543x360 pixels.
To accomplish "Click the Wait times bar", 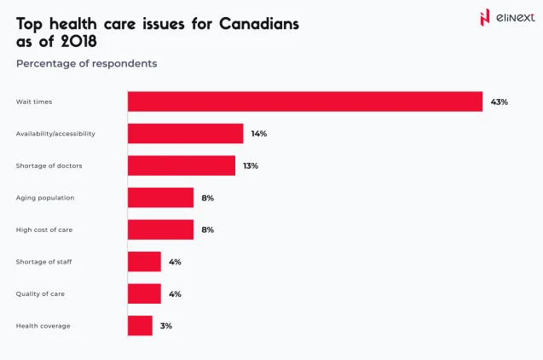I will tap(305, 102).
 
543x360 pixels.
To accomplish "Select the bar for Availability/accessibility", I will tap(185, 134).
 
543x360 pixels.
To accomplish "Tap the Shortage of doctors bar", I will tap(182, 165).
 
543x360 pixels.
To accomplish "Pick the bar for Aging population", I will tap(160, 198).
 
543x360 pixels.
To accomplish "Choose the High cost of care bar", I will tap(160, 229).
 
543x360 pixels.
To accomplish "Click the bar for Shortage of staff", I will tap(144, 262).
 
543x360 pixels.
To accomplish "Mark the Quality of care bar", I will tap(144, 293).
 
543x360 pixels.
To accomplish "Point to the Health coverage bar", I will tap(140, 326).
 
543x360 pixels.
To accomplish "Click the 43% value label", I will tap(499, 102).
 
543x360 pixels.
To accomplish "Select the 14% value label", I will tap(259, 134).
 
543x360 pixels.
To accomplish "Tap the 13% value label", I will tap(251, 165).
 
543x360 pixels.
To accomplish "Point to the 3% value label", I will tap(166, 326).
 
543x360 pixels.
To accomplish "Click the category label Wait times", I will tap(34, 102).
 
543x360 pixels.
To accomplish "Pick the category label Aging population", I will tap(45, 198).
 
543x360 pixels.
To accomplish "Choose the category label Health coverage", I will tap(43, 326).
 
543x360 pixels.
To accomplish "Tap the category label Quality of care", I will tap(40, 293).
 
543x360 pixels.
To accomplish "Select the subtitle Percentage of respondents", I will tap(86, 63).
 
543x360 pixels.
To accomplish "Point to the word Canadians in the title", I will tap(259, 23).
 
